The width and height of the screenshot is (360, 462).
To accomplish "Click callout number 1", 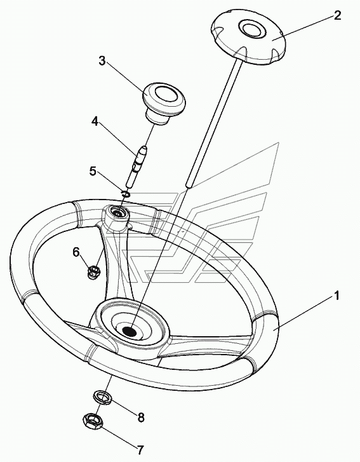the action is [336, 296].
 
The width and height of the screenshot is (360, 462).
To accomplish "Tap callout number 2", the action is [337, 15].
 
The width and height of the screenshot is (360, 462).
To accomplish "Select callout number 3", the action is [102, 61].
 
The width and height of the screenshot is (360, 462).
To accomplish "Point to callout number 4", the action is [95, 121].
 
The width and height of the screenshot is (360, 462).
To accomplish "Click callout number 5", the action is [93, 171].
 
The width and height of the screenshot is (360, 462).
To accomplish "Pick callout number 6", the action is [76, 252].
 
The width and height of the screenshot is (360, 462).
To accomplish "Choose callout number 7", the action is [140, 450].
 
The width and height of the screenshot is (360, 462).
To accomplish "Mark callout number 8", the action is [141, 418].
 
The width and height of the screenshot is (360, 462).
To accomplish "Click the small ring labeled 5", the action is [125, 194].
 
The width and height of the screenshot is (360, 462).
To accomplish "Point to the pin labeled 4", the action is [136, 166].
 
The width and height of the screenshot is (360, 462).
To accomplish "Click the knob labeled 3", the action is [163, 103].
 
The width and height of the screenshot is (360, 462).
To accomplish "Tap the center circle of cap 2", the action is [251, 29].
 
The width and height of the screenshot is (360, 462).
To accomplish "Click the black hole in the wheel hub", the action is [129, 331].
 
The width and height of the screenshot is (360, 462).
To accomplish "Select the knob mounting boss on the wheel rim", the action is [117, 216].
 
